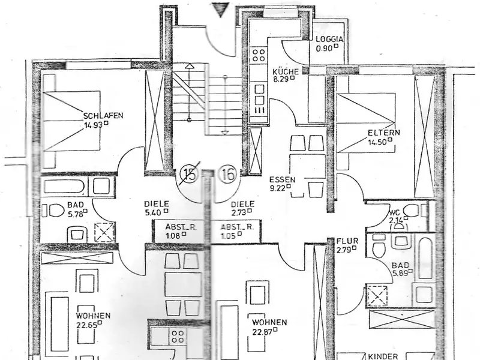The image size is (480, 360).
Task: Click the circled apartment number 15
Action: tap(190, 175)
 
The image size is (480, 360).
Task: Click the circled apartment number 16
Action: tap(228, 175)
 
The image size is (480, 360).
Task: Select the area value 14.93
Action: tap(94, 125)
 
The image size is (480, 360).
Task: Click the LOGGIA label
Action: tap(329, 40)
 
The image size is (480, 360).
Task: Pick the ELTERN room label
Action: tap(384, 133)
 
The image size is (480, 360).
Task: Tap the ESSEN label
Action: tap(281, 179)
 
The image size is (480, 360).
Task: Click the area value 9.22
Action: tap(280, 188)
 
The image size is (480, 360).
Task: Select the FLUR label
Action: tap(347, 241)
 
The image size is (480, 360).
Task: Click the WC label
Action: tap(394, 212)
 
